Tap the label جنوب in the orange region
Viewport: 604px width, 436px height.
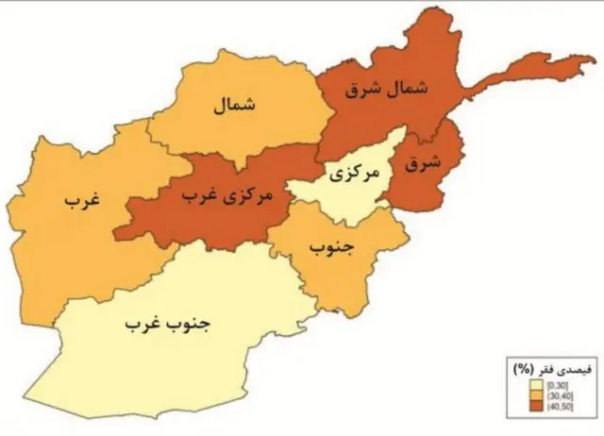[x=330, y=246]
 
